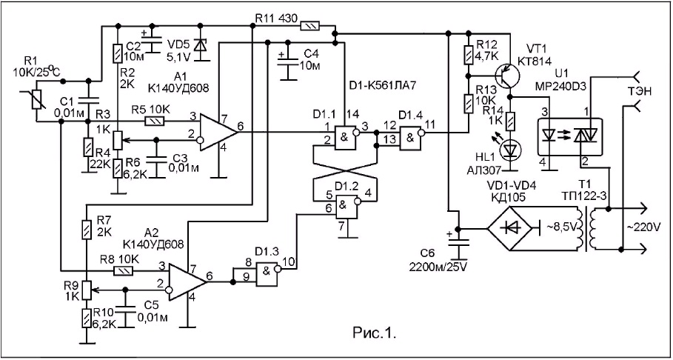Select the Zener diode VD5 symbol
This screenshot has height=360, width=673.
pyautogui.click(x=198, y=46)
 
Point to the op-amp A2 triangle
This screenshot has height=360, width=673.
pyautogui.click(x=187, y=281)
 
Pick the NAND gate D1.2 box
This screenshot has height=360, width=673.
pyautogui.click(x=346, y=205)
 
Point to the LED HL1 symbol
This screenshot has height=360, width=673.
pyautogui.click(x=510, y=150)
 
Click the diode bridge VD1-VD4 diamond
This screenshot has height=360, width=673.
pyautogui.click(x=512, y=229)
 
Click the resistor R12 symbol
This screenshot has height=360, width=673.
pyautogui.click(x=469, y=53)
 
